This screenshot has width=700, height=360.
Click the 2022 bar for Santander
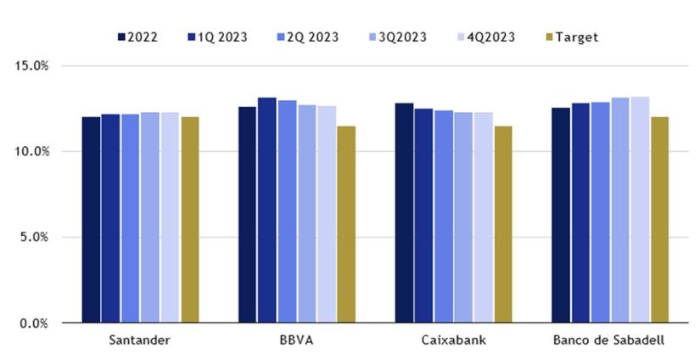tap(91, 220)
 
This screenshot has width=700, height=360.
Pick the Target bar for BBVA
tap(345, 224)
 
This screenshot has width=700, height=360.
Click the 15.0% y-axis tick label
tap(31, 65)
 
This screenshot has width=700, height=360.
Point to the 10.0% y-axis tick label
tap(31, 151)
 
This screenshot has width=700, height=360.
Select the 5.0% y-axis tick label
tap(34, 237)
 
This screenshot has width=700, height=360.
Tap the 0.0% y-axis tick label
tap(34, 323)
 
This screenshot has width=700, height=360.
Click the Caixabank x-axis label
tap(453, 340)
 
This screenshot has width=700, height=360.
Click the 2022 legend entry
tap(139, 37)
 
